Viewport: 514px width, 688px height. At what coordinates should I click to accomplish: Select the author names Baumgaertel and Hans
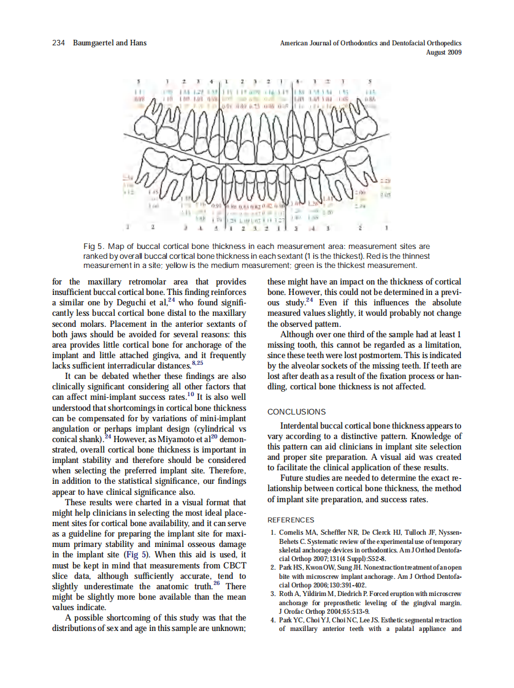click(109, 43)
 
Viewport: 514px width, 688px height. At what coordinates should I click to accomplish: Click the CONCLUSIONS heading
click(297, 412)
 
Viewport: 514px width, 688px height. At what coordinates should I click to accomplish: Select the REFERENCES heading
click(291, 520)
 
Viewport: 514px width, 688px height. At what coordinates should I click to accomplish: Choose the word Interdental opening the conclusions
click(304, 426)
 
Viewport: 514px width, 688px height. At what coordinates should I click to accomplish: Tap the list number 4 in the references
click(272, 621)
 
